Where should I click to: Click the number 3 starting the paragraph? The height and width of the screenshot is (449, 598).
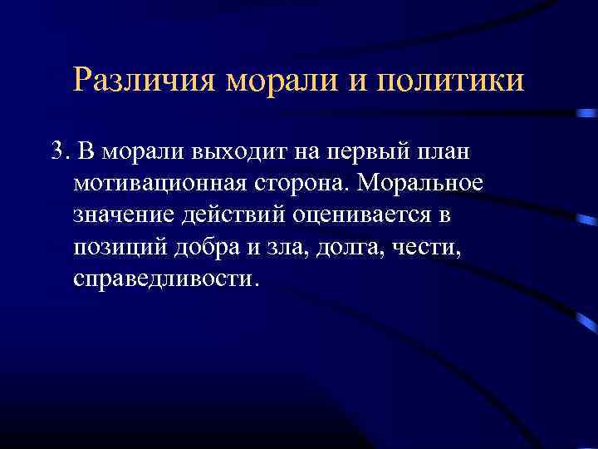pos(56,152)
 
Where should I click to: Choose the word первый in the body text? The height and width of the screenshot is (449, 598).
pos(370,152)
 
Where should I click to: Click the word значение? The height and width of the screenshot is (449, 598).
pos(121,215)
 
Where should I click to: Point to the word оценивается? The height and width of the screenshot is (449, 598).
pos(361,215)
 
